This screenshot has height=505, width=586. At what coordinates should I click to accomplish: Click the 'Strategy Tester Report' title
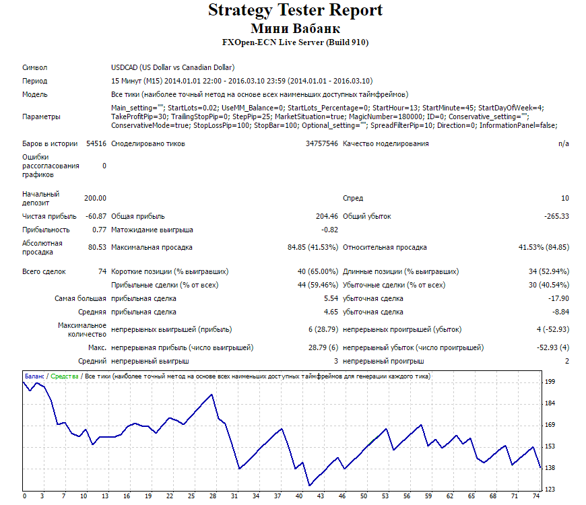295,10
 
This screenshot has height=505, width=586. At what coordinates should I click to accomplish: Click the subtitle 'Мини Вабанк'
295,28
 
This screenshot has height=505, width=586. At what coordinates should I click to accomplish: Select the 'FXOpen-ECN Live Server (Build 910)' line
295,42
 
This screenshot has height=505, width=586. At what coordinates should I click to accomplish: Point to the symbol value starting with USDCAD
172,67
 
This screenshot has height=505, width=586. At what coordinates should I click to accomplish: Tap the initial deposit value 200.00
95,198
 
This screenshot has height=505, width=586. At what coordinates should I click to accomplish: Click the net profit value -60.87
96,216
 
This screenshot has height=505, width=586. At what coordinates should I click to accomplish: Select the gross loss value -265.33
556,216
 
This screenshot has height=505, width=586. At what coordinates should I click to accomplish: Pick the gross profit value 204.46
327,216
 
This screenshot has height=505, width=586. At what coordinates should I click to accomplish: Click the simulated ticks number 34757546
322,144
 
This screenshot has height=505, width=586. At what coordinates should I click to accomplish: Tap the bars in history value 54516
96,144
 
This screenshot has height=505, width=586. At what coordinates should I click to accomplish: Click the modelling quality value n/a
564,144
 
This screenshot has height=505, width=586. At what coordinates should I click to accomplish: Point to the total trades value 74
102,271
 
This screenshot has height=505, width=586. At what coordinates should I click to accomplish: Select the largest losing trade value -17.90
558,298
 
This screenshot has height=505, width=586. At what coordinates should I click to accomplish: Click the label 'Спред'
353,199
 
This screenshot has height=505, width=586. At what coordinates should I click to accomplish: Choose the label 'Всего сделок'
44,271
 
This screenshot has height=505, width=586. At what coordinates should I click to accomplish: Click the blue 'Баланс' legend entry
34,376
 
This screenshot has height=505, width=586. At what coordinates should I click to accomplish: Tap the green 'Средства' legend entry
64,376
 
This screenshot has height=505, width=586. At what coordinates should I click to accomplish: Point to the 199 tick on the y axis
550,382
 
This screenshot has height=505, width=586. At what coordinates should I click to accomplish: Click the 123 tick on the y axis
550,490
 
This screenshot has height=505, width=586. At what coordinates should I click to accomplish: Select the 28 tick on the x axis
213,496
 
